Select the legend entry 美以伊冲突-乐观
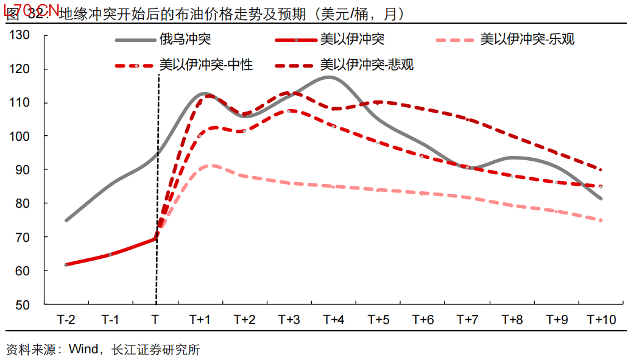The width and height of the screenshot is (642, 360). pos(527,40)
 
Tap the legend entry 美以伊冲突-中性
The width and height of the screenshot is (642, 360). pos(206,64)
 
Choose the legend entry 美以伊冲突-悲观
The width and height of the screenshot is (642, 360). pos(367,64)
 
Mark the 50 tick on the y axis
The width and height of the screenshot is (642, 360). pos(23,305)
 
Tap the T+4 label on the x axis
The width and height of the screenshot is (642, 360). pos(334,320)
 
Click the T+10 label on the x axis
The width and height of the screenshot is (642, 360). pos(601,320)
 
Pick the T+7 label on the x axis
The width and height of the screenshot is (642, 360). pos(467,320)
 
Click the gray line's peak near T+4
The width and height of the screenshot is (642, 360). pos(328,77)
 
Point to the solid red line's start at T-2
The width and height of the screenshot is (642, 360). pos(66,264)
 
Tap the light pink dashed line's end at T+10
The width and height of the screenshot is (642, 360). pos(601,221)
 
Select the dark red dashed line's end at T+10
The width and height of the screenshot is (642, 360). pos(601,170)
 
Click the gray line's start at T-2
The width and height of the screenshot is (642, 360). pos(66,220)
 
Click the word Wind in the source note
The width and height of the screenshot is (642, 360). pos(83,350)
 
